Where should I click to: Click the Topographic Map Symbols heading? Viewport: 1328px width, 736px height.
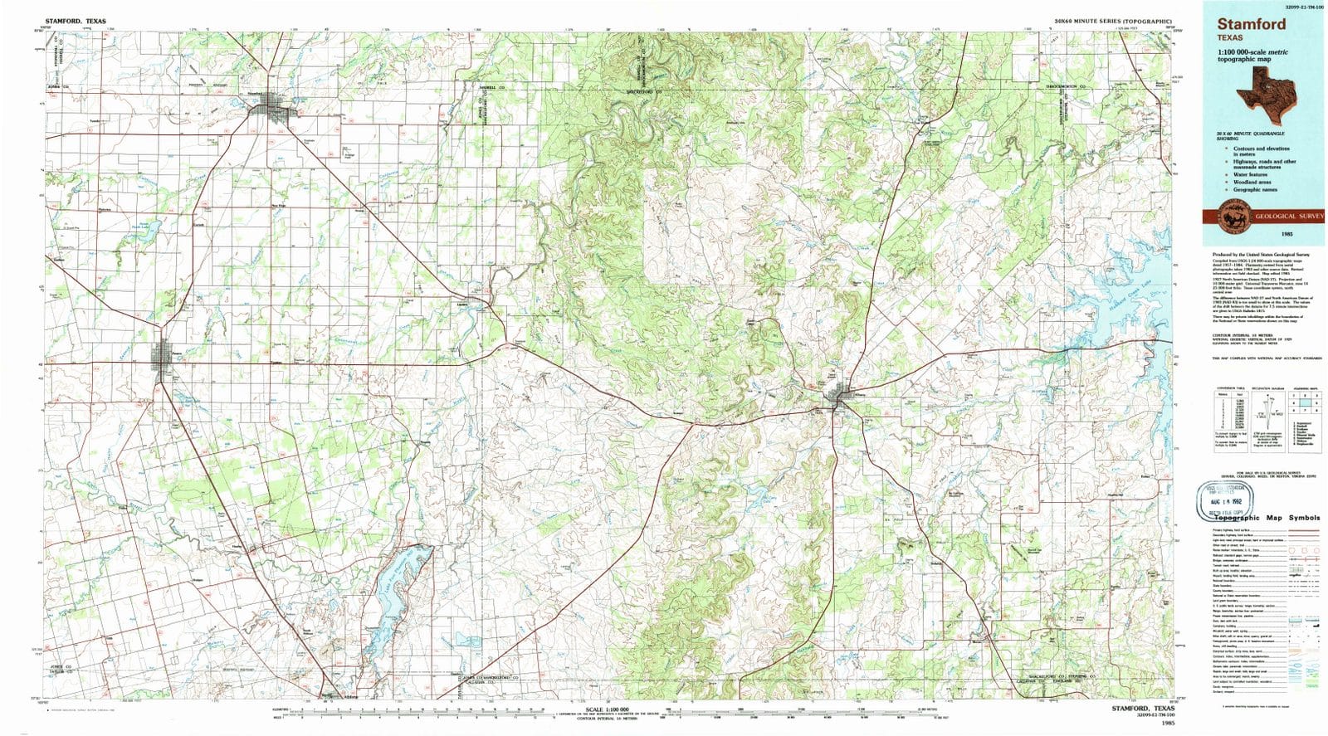point(1264,518)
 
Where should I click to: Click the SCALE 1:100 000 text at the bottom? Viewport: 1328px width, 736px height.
point(607,710)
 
